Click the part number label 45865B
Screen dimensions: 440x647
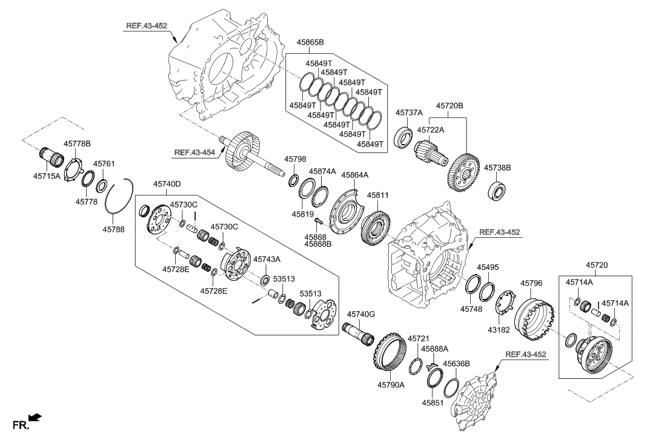click(310, 43)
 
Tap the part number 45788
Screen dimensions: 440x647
click(114, 229)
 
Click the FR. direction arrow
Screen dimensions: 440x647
click(35, 418)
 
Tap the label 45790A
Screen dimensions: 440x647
click(391, 384)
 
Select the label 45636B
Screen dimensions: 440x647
click(456, 364)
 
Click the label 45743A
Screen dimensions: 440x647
click(267, 259)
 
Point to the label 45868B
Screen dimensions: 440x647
click(317, 244)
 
